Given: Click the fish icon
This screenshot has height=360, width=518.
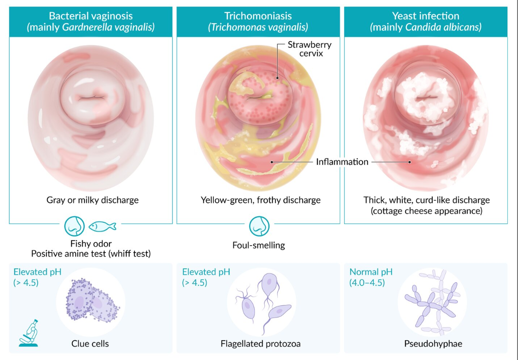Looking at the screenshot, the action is coord(102,227).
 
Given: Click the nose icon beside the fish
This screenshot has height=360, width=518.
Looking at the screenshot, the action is coord(74,226).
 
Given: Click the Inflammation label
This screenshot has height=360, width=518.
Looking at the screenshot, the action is coord(342,162).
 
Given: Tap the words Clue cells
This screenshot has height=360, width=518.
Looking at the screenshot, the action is coord(90,344).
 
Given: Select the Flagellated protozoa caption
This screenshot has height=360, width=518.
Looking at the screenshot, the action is coord(261,344).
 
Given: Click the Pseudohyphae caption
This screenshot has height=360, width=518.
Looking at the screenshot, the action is coord(426,344).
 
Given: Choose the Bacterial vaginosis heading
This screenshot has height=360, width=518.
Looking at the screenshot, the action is coord(90,16).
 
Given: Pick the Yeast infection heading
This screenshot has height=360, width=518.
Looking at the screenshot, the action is coord(426,16).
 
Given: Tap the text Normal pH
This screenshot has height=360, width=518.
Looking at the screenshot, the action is coord(371,272).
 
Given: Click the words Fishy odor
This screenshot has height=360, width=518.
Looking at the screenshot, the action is coord(91,244).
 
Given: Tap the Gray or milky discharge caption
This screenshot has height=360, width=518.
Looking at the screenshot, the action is coord(92,201).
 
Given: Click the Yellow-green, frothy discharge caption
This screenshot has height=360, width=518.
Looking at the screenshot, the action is coord(260,201).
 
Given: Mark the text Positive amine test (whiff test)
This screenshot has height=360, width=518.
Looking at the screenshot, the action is coord(91,253).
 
